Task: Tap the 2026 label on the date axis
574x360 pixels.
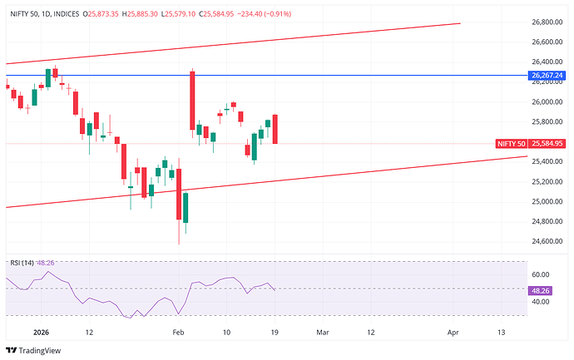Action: point(42,332)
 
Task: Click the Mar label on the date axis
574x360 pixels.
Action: point(323,332)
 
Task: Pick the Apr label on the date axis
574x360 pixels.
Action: point(453,332)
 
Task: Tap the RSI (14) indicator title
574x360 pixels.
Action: point(22,263)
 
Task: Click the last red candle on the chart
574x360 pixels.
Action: point(275,129)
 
